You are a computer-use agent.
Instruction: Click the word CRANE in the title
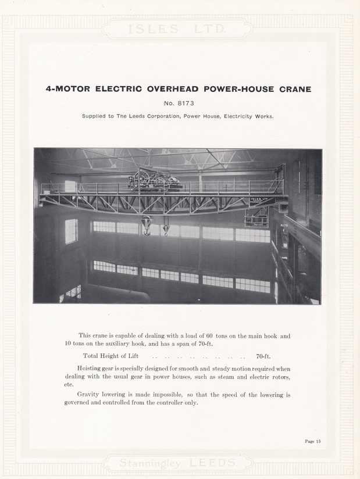[x=291, y=90]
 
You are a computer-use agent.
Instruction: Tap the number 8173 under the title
[x=187, y=104]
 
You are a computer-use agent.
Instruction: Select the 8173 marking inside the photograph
[x=284, y=226]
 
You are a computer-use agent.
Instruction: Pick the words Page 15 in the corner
[x=312, y=441]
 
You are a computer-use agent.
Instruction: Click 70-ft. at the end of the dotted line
[x=263, y=356]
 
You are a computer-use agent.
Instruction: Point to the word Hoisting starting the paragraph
[x=90, y=369]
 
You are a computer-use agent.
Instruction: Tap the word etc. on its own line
[x=70, y=384]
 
